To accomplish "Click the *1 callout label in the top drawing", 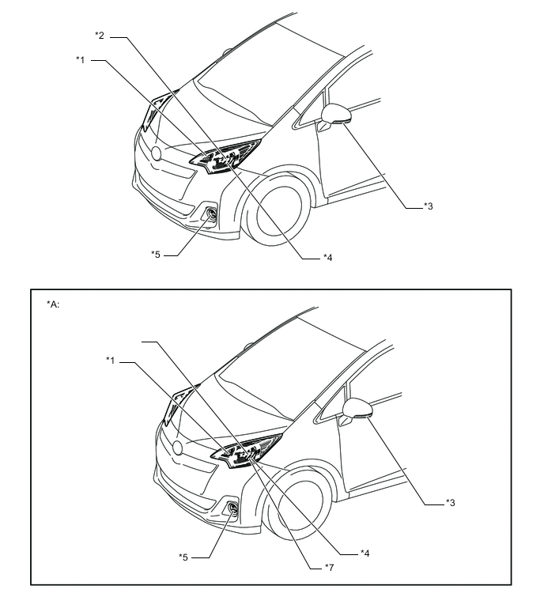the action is pyautogui.click(x=81, y=60).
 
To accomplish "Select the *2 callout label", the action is pyautogui.click(x=100, y=36).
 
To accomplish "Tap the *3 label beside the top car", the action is pyautogui.click(x=429, y=206).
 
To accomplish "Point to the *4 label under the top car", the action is pyautogui.click(x=328, y=258).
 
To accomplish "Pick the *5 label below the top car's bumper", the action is pyautogui.click(x=156, y=255).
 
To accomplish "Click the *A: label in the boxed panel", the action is pyautogui.click(x=53, y=304).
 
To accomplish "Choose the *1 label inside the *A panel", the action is pyautogui.click(x=111, y=361).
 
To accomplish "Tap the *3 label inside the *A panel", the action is pyautogui.click(x=451, y=503).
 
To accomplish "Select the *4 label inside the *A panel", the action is pyautogui.click(x=365, y=554).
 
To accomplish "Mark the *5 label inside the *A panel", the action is pyautogui.click(x=183, y=557).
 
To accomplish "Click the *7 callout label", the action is pyautogui.click(x=329, y=568).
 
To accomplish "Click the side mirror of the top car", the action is pyautogui.click(x=335, y=114).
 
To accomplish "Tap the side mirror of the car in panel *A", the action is pyautogui.click(x=357, y=409).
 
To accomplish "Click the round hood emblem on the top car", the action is pyautogui.click(x=157, y=153).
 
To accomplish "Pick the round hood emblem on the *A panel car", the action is pyautogui.click(x=178, y=448).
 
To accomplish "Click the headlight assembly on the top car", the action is pyautogui.click(x=226, y=157).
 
